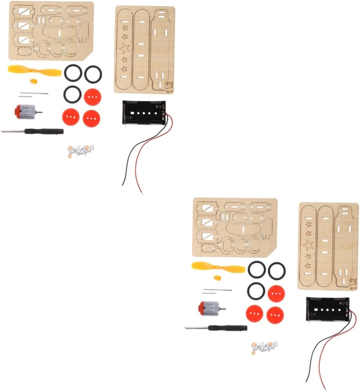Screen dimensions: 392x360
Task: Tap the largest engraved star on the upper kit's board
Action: [x=124, y=48]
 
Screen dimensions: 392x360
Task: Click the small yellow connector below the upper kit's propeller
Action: [x=33, y=81]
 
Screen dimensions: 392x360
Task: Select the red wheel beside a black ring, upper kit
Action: [x=92, y=97]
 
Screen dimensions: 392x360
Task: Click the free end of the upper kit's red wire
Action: [x=142, y=193]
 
